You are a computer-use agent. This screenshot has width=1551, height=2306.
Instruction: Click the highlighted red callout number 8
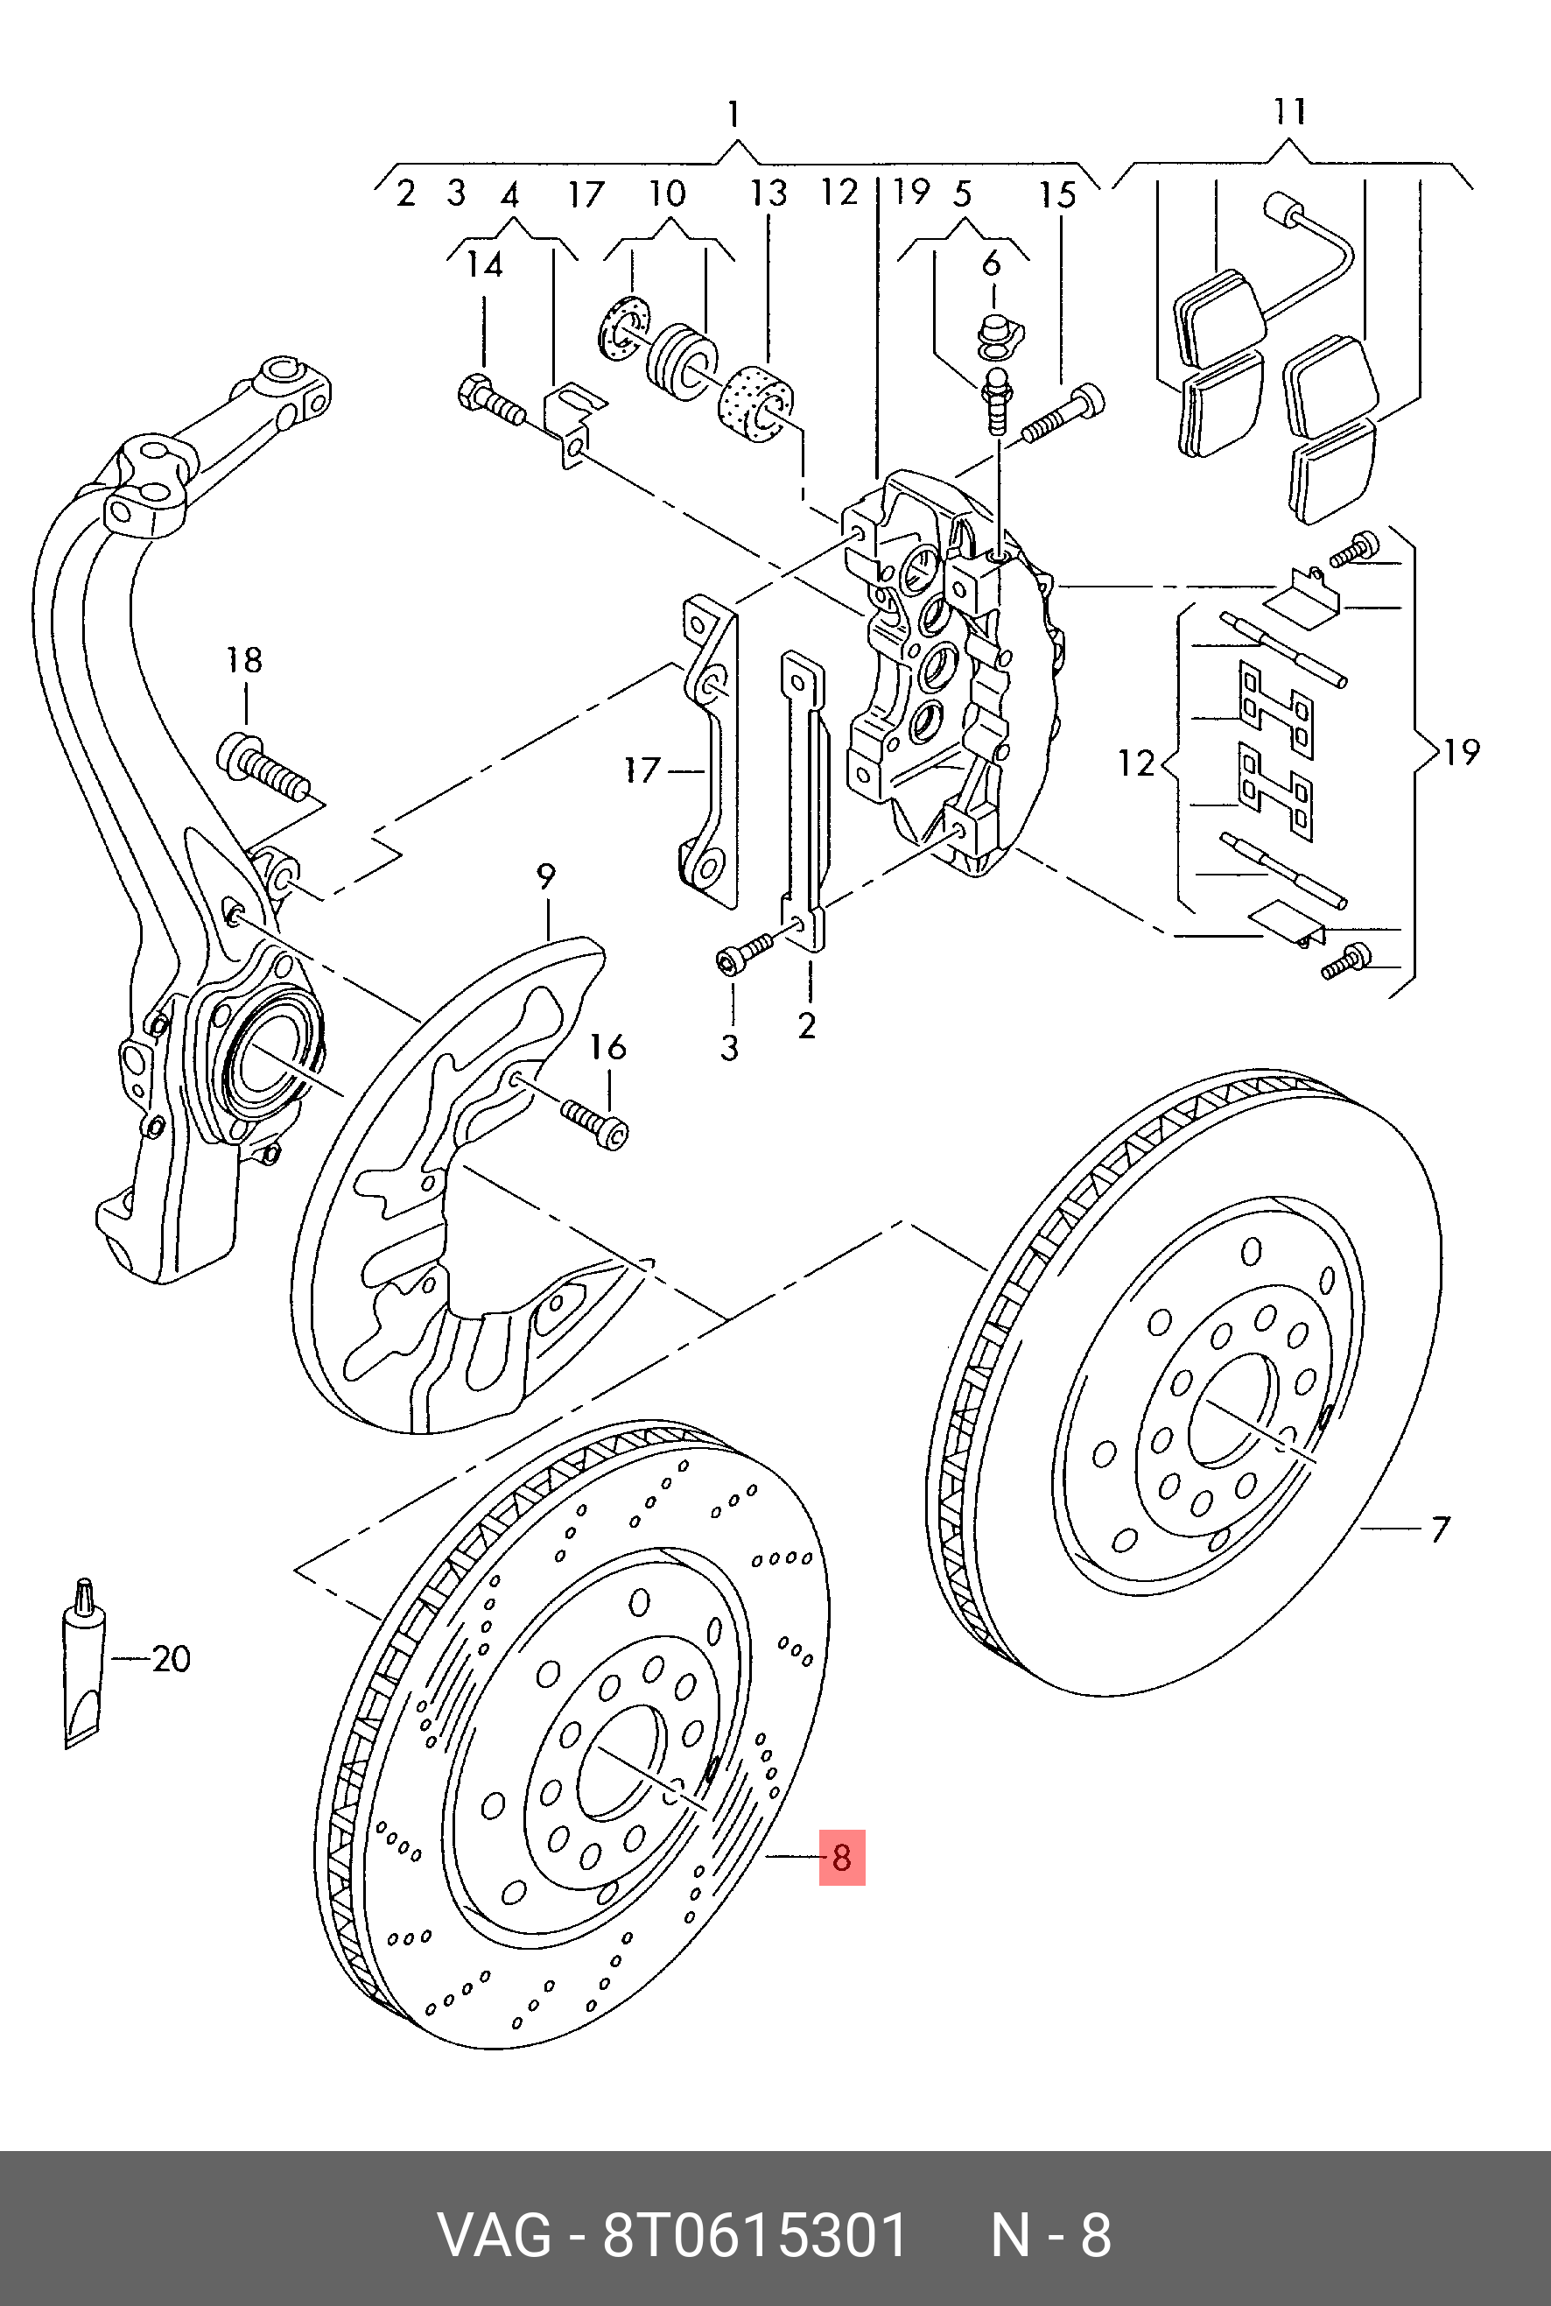pos(841,1857)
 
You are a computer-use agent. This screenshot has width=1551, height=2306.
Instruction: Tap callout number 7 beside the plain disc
pos(1439,1529)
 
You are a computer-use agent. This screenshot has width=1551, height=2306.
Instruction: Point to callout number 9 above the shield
pos(546,876)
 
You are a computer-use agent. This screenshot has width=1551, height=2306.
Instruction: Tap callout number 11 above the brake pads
pos(1290,111)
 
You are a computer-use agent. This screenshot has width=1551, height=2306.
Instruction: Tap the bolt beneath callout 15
pos(1063,416)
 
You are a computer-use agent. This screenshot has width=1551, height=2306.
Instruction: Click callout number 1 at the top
pos(733,114)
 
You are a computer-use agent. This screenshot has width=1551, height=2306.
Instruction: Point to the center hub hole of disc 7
pos(1230,1414)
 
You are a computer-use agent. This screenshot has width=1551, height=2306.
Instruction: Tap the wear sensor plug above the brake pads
pos(1283,211)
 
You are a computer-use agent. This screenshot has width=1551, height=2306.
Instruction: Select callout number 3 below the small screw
pos(730,1048)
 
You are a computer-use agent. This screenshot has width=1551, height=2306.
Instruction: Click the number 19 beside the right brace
pos(1461,753)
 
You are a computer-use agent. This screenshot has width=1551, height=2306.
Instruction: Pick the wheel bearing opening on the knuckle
pos(263,1067)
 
